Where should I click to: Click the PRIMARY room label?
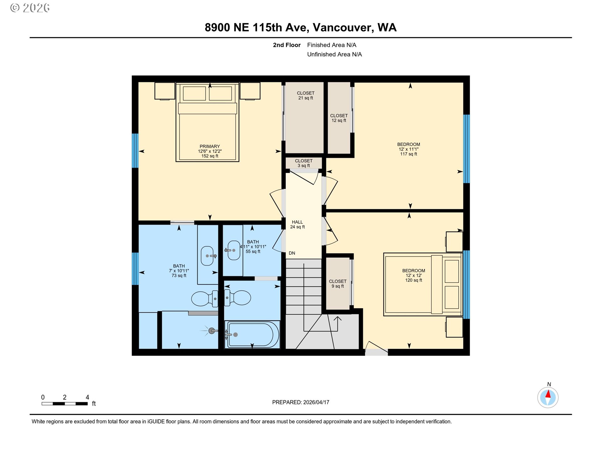coord(210,151)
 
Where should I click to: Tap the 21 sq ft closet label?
coord(306,96)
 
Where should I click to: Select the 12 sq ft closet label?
coord(339,118)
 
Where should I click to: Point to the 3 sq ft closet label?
coord(304,163)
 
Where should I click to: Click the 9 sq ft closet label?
coord(338,284)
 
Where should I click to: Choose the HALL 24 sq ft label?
coord(298,225)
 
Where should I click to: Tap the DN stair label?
coord(292,253)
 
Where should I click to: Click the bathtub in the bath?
coord(252,334)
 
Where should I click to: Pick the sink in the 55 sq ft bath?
coord(234,250)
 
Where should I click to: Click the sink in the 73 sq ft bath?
coord(208,256)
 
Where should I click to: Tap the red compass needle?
coord(548,394)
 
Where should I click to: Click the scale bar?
coord(65,404)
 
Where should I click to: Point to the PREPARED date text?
coord(301,402)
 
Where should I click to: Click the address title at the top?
coord(301,28)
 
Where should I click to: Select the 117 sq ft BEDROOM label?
coord(409,149)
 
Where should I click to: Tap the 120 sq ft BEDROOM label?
coord(414,275)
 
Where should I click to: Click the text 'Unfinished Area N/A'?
coord(334,54)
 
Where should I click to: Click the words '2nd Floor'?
coord(287,45)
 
